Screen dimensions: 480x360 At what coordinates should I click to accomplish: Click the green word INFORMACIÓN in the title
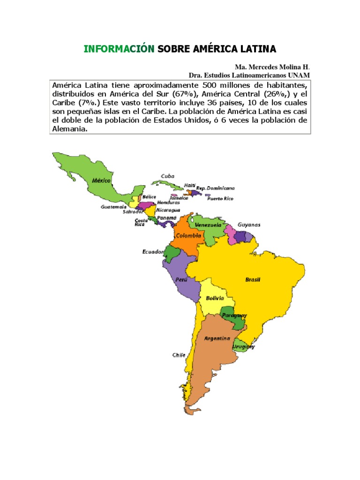119,49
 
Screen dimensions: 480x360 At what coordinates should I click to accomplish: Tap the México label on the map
101,180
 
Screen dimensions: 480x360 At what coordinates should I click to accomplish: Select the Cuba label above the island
167,176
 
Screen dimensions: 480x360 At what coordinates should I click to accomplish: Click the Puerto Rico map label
220,199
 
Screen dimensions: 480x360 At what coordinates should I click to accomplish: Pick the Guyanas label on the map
249,225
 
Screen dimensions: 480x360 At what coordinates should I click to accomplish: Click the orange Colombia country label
189,236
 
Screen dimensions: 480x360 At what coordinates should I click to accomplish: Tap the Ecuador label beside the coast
153,252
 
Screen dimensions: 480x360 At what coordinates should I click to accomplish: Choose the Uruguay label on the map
244,347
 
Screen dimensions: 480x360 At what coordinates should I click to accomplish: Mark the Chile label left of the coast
178,355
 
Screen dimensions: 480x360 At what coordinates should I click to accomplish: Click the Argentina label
217,338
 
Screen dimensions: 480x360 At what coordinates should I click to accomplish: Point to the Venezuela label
208,225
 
